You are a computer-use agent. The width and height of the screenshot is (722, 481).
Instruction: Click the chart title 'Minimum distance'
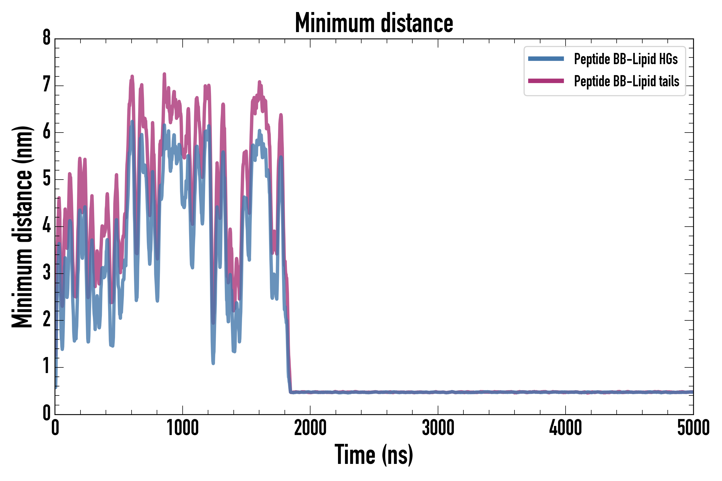[374, 23]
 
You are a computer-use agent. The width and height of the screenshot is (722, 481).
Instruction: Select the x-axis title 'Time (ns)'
[374, 455]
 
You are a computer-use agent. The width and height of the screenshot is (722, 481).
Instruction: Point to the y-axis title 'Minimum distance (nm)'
[22, 227]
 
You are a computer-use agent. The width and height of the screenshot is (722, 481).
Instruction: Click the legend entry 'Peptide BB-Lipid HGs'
[626, 59]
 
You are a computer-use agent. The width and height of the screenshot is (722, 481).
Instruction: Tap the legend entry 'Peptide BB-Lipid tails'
[626, 81]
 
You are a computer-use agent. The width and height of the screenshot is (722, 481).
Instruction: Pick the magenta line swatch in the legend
[546, 81]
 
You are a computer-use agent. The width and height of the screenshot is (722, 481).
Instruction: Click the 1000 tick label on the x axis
[183, 428]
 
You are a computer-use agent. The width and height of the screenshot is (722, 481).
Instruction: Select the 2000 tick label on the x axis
[310, 428]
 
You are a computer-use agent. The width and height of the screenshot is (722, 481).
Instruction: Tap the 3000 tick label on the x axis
[438, 428]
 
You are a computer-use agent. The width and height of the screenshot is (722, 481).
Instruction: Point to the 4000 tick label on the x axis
[566, 428]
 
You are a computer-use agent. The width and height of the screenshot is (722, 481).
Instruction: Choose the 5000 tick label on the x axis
[693, 428]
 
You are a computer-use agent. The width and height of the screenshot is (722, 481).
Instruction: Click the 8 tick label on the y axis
[47, 38]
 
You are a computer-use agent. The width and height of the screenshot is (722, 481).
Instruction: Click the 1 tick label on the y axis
[47, 367]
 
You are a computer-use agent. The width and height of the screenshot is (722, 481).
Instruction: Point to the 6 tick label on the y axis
[47, 132]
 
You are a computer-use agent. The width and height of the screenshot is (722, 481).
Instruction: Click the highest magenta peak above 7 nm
[164, 74]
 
